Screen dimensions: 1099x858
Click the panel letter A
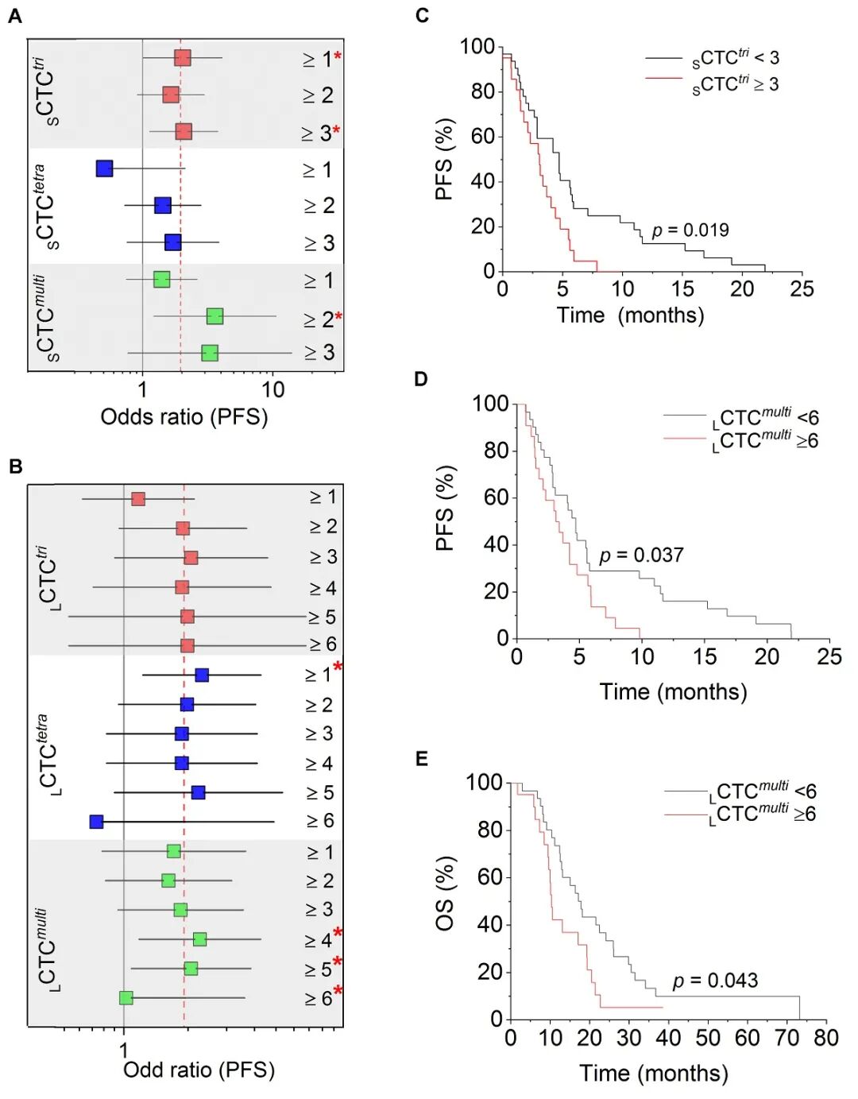15,16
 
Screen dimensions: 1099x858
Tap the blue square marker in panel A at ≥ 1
104,168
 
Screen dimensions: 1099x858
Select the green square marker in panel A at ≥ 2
214,316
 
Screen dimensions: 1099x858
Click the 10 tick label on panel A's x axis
272,389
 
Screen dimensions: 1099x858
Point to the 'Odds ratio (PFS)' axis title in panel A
184,416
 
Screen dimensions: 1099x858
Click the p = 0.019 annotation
690,230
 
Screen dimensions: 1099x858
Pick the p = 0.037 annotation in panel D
641,555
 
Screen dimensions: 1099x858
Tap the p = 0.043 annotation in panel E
715,981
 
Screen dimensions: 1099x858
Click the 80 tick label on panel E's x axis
825,1038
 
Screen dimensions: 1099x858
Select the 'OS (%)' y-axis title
445,893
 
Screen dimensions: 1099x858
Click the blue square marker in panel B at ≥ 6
97,821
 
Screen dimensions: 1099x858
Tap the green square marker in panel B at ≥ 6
126,997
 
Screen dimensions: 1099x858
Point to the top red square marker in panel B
138,499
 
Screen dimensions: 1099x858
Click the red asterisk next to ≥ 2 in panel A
339,317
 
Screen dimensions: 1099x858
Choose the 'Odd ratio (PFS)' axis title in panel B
199,1070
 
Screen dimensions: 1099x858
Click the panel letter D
421,379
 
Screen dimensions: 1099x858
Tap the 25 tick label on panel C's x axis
802,288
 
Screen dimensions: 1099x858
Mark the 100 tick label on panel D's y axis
490,404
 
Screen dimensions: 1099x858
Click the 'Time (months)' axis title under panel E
653,1074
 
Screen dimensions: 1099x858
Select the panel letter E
421,759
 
